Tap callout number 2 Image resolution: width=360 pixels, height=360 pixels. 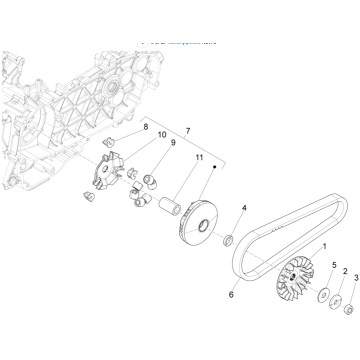[343, 271]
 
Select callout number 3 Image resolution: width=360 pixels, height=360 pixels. [354, 277]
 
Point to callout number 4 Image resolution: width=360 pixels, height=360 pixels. [243, 208]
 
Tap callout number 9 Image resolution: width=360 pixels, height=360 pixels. [171, 143]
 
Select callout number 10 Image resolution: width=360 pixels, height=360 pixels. [159, 135]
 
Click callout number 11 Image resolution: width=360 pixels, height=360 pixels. [198, 157]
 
